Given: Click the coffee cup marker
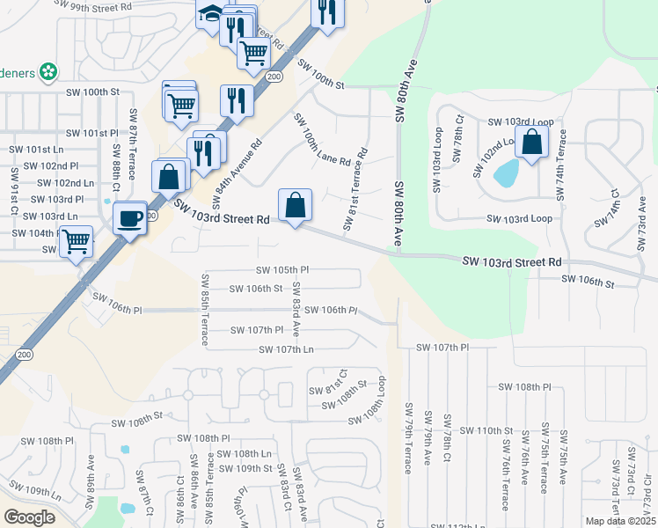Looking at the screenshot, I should pos(130,216).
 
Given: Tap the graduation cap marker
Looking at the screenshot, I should pos(211,15).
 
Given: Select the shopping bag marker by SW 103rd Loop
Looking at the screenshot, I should pos(532,142).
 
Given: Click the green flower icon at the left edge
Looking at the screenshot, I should pos(50,70).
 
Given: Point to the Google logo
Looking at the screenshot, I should pos(29,517).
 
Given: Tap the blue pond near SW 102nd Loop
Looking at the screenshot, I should pos(506,173).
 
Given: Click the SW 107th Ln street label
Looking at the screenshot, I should pos(286,349).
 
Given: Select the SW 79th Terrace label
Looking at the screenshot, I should pos(408,438).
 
